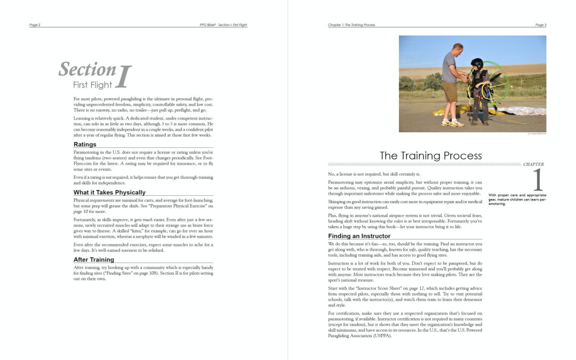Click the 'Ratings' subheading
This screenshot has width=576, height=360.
click(x=85, y=144)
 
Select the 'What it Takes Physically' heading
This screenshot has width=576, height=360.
click(x=109, y=192)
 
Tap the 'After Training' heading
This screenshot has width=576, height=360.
click(x=94, y=259)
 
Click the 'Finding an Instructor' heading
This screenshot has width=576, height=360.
click(x=359, y=236)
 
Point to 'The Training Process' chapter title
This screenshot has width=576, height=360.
click(x=430, y=156)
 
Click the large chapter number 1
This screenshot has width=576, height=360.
click(x=537, y=180)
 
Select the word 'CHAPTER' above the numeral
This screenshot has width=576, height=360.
click(x=533, y=164)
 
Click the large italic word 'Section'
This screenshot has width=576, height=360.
click(x=87, y=69)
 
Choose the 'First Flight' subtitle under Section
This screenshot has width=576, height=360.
click(x=92, y=84)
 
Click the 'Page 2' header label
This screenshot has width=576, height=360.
click(x=35, y=25)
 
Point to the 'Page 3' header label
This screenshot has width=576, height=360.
click(x=540, y=25)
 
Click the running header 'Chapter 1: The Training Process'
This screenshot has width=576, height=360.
click(x=351, y=25)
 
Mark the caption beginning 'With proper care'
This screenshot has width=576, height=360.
click(x=517, y=199)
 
